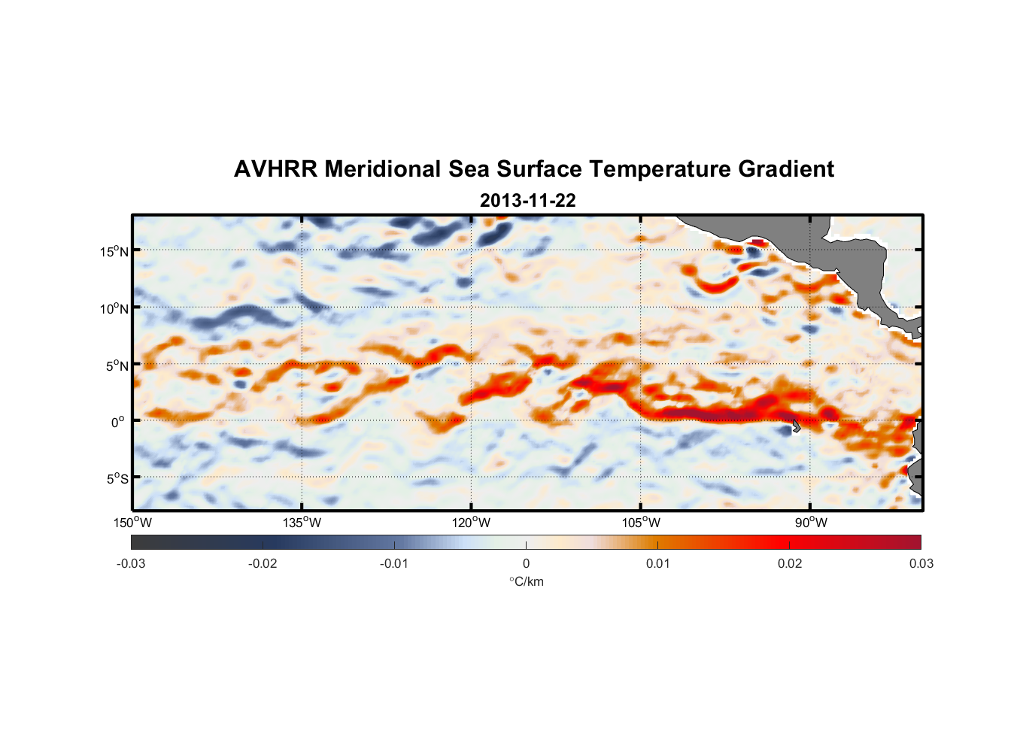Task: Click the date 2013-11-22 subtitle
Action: (527, 201)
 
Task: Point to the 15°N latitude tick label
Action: (114, 251)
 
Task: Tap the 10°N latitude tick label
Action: (114, 308)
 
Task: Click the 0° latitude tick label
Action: (117, 423)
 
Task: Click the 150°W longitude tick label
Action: (132, 523)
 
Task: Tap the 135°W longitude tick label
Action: (302, 523)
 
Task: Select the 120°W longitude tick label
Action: (471, 523)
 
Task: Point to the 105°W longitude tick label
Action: (641, 523)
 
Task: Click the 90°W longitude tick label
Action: (811, 523)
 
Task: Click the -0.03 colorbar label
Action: (131, 563)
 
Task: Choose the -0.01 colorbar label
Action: (394, 563)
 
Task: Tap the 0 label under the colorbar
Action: (526, 563)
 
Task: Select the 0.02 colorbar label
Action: (790, 563)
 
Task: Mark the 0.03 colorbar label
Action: (921, 563)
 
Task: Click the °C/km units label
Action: (526, 581)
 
